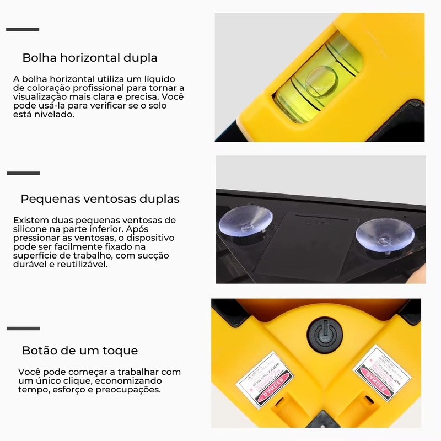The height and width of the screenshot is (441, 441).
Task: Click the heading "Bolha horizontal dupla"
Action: [90, 58]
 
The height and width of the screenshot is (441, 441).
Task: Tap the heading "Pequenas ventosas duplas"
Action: [100, 198]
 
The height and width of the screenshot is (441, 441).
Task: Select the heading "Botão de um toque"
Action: [80, 351]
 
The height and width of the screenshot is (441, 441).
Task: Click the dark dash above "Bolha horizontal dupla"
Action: [23, 29]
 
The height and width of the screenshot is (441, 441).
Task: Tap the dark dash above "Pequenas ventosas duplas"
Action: [23, 173]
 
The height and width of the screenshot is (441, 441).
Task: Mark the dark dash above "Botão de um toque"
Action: [23, 329]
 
